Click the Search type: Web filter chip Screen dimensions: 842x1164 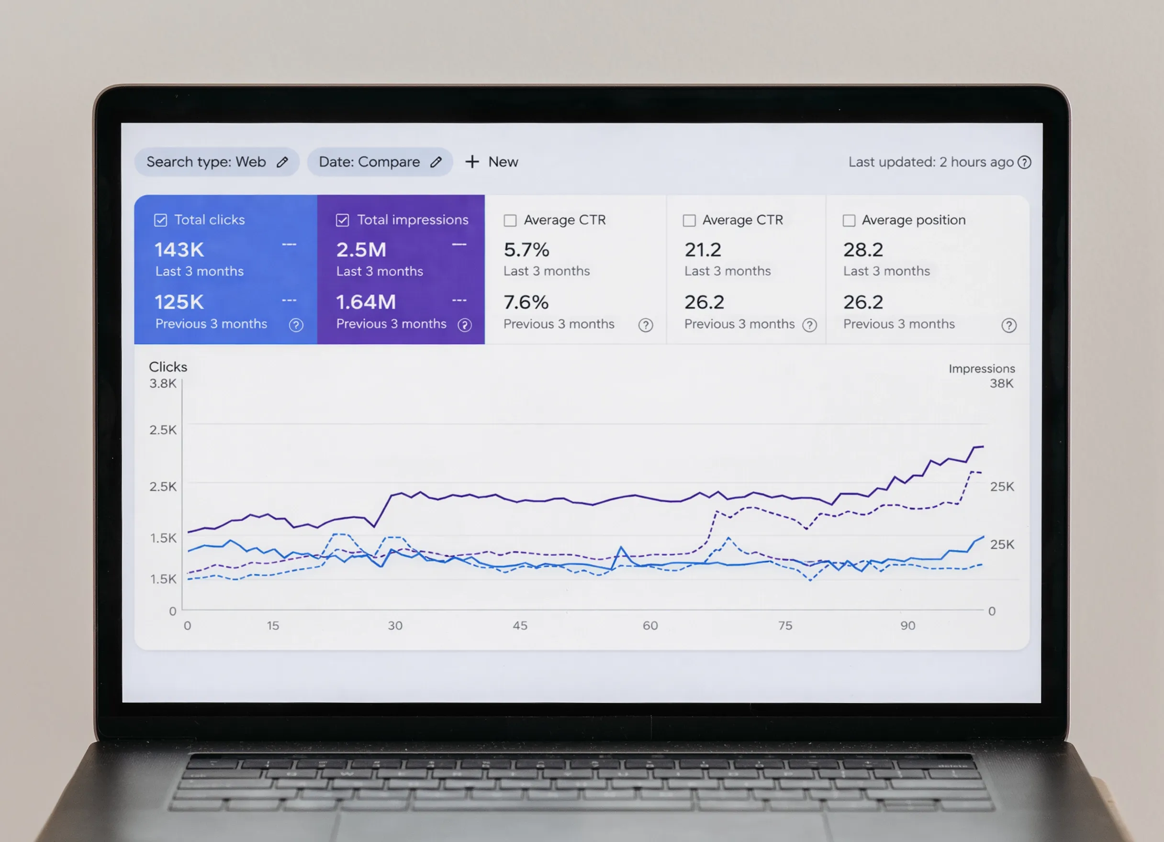click(216, 162)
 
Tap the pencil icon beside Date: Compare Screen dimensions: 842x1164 click(436, 162)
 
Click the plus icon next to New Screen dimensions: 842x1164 click(471, 162)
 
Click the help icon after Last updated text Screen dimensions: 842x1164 click(1024, 162)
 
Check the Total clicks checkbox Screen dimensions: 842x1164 click(161, 220)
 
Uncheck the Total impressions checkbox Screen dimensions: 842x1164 click(342, 220)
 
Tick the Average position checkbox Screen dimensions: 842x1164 click(849, 221)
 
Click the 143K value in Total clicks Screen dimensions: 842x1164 click(179, 250)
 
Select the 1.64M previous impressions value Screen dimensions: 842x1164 click(366, 302)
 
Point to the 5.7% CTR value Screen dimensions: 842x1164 click(526, 250)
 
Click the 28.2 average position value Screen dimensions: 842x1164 click(863, 250)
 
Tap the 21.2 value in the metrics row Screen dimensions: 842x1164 click(703, 250)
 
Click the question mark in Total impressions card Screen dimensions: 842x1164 click(464, 325)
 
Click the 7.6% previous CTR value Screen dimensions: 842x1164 click(526, 302)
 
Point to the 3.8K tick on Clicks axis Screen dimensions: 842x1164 click(163, 383)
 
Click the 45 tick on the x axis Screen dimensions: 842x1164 click(520, 625)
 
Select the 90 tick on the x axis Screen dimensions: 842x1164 click(907, 625)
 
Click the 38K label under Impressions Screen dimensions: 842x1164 click(1001, 383)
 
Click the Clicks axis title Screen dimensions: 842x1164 click(168, 367)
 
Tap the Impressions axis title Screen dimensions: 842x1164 click(981, 368)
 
